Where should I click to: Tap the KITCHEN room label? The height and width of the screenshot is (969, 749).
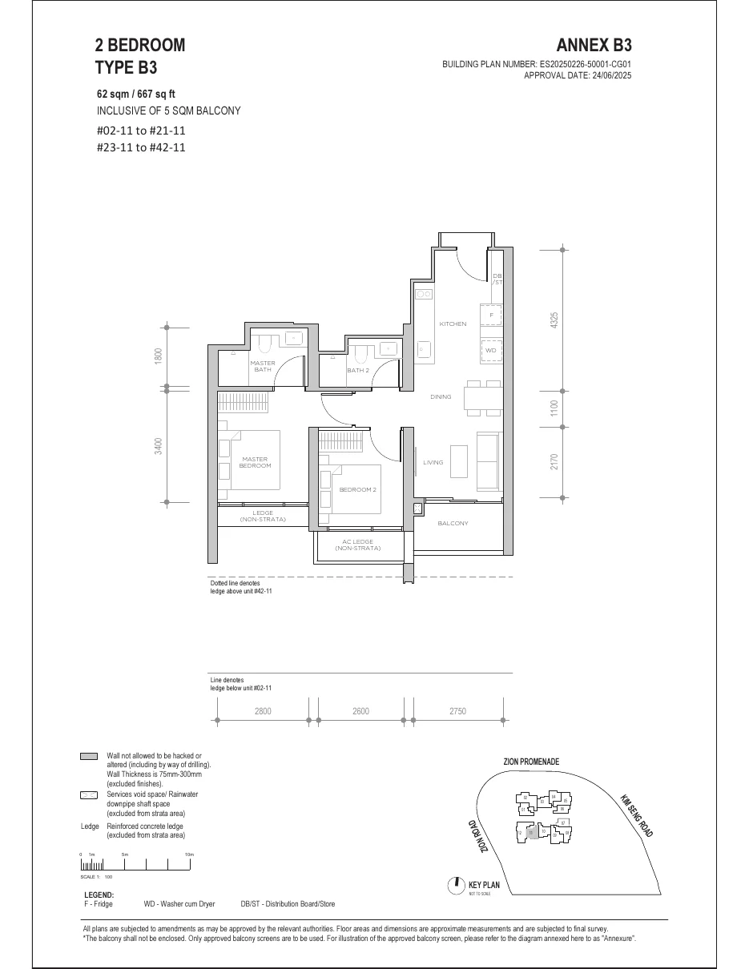pos(453,324)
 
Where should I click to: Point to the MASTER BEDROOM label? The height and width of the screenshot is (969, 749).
pos(256,462)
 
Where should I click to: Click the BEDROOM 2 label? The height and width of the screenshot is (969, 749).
pos(357,489)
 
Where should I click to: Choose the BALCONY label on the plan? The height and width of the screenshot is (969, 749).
pos(453,523)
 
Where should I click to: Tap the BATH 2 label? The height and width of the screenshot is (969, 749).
pos(358,371)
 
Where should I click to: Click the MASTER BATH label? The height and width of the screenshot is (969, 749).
pos(264,367)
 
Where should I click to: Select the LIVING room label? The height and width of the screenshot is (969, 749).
pos(433,462)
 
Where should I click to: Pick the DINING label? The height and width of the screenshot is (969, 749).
pos(441,396)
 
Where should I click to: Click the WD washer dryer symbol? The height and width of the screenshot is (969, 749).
pos(491,351)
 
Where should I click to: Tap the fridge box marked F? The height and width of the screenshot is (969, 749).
pos(491,316)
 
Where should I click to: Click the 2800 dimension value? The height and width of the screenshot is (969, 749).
pos(263,711)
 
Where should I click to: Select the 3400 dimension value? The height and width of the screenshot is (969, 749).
pos(159,446)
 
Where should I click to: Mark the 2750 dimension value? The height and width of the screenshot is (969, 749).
pos(457,711)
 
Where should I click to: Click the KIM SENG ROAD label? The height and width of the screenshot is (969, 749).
pos(637,815)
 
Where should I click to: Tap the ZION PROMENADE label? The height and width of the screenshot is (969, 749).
pos(531,762)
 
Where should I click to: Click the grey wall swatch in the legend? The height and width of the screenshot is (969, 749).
pos(89,756)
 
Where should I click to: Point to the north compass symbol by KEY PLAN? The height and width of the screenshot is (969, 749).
pos(455,884)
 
